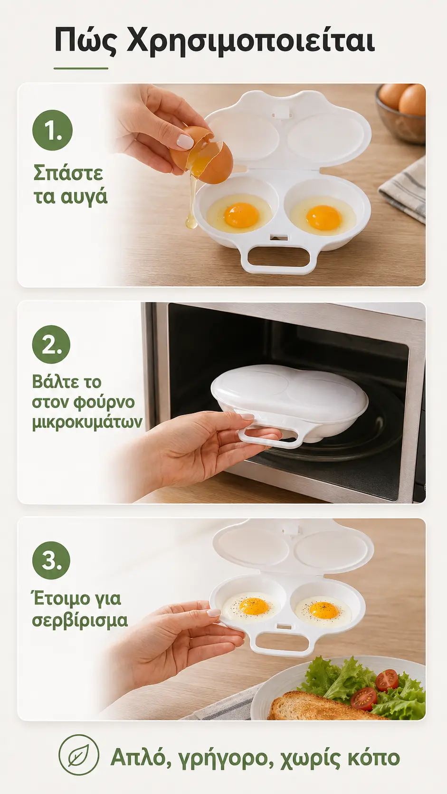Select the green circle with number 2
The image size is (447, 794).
coord(51,345)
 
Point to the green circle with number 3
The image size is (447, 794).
coord(51,560)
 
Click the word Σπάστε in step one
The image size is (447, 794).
coord(68,173)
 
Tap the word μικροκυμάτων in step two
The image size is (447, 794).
coord(87,423)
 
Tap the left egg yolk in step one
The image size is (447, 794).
coord(241,215)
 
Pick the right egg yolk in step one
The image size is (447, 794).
coord(323,217)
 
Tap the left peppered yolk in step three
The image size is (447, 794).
coord(254,606)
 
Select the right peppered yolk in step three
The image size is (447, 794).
coord(323,609)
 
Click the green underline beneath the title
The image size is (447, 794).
coord(81,68)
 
